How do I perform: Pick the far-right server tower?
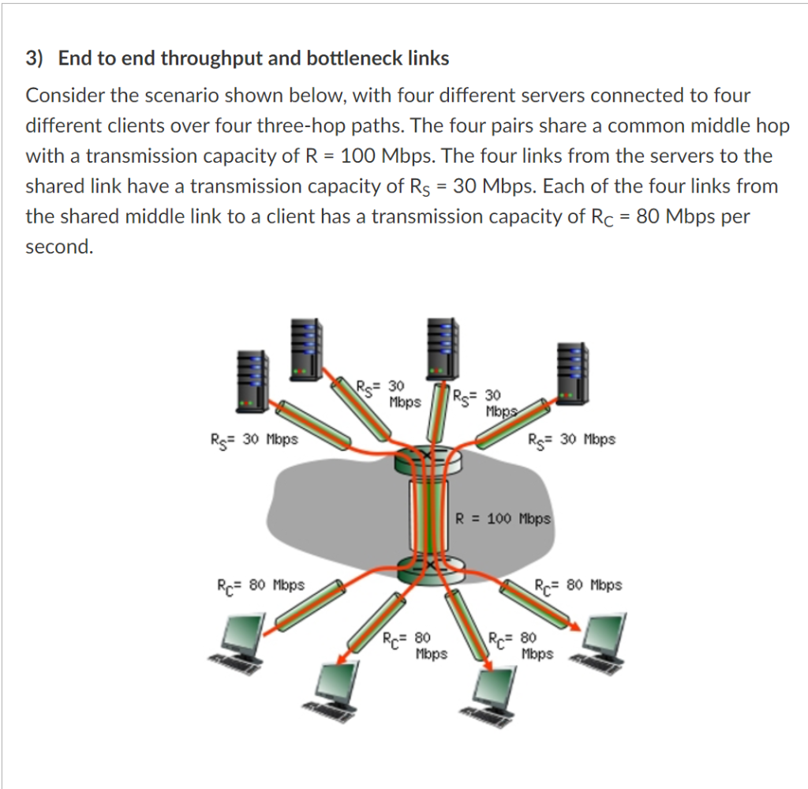tap(572, 371)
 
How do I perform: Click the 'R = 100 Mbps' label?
tap(503, 519)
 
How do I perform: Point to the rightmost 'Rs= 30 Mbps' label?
tap(572, 439)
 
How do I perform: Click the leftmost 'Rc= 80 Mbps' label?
tap(260, 586)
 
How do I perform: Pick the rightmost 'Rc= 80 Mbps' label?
tap(578, 586)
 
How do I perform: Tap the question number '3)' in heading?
tap(33, 58)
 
